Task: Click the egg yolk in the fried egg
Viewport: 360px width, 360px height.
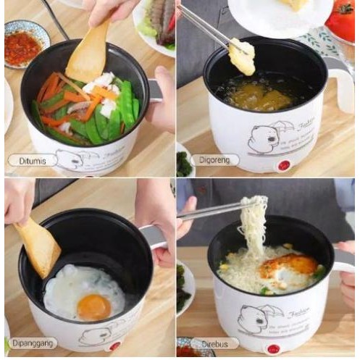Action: pyautogui.click(x=94, y=306)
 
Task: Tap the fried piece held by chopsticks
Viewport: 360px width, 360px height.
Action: pyautogui.click(x=243, y=56)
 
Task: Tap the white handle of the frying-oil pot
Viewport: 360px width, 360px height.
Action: pyautogui.click(x=341, y=80)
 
